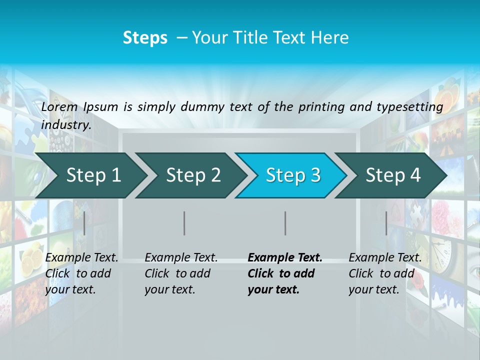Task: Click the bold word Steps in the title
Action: point(145,38)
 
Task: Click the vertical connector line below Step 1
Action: point(84,223)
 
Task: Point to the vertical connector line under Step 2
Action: point(184,223)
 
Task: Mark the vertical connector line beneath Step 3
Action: point(285,223)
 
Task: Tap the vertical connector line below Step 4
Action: point(386,223)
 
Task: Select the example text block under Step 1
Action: point(81,273)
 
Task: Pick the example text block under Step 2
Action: point(180,273)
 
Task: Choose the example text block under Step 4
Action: point(384,273)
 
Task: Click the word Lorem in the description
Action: point(60,106)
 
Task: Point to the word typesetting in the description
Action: point(409,107)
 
